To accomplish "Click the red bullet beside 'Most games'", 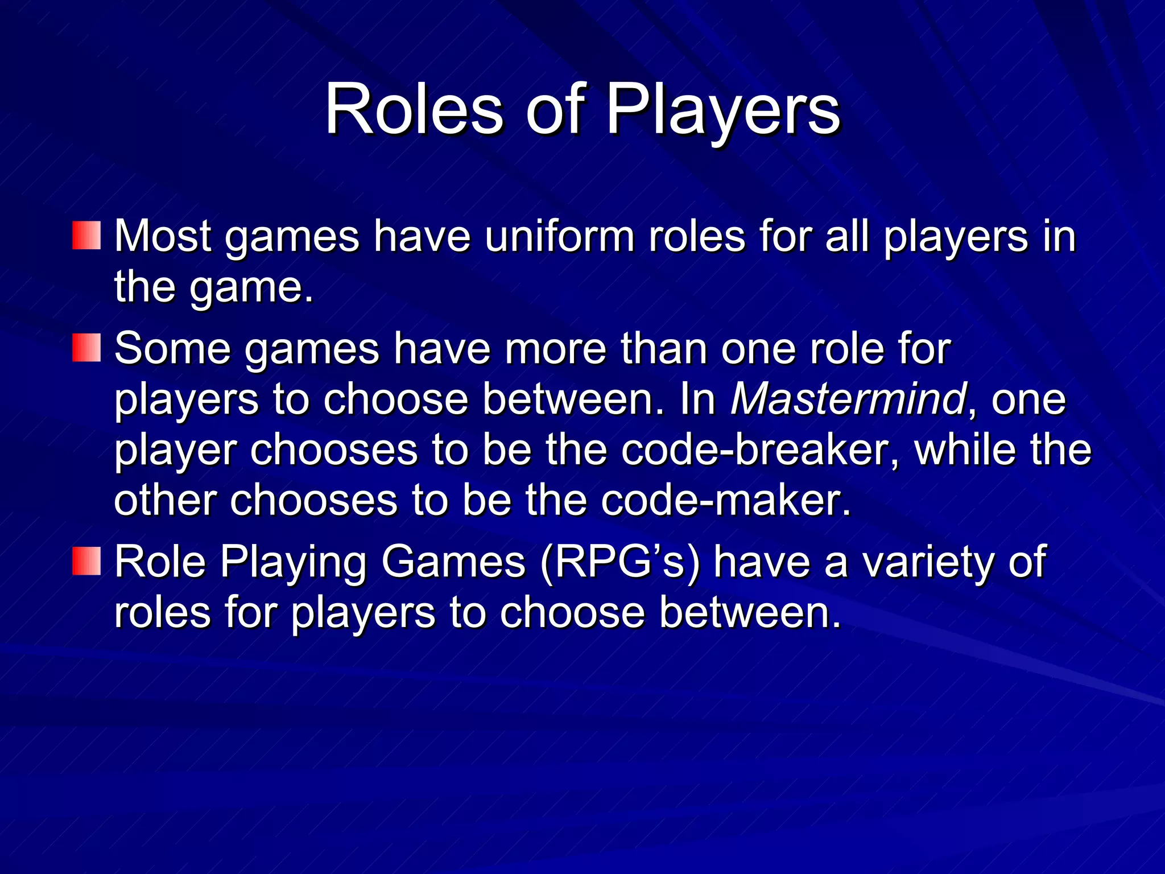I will pos(86,236).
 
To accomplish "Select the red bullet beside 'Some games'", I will pos(86,348).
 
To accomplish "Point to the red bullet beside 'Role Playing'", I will pos(86,561).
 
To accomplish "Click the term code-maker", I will pos(725,500).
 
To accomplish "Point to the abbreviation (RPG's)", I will pos(620,562).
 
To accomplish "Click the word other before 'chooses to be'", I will pos(164,500).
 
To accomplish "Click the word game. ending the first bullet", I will pos(251,287).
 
